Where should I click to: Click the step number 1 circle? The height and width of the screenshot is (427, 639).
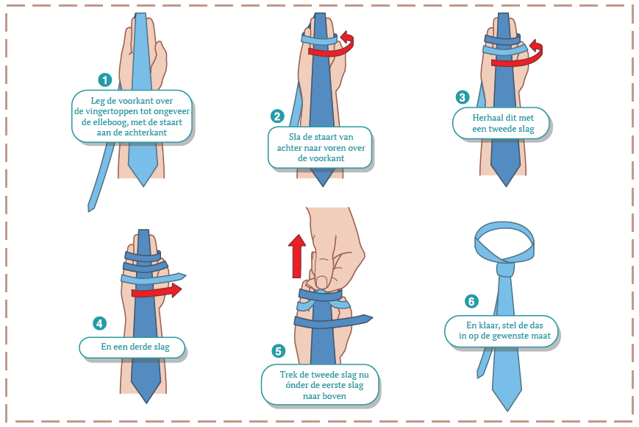pyautogui.click(x=105, y=80)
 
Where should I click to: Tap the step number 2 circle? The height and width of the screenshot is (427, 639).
pyautogui.click(x=277, y=116)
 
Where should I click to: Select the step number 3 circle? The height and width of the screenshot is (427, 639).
pyautogui.click(x=462, y=97)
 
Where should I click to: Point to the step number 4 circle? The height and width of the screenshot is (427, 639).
pyautogui.click(x=100, y=323)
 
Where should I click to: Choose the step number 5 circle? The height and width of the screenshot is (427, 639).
pyautogui.click(x=279, y=351)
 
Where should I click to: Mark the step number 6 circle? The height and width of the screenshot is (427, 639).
pyautogui.click(x=471, y=301)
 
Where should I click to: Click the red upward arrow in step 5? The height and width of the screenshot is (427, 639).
pyautogui.click(x=296, y=256)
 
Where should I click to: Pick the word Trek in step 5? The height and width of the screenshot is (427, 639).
pyautogui.click(x=288, y=375)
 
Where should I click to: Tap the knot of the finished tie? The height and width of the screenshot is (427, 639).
pyautogui.click(x=505, y=269)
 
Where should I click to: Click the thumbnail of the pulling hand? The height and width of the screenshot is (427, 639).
pyautogui.click(x=323, y=282)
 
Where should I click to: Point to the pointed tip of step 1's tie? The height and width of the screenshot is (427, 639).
pyautogui.click(x=143, y=186)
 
